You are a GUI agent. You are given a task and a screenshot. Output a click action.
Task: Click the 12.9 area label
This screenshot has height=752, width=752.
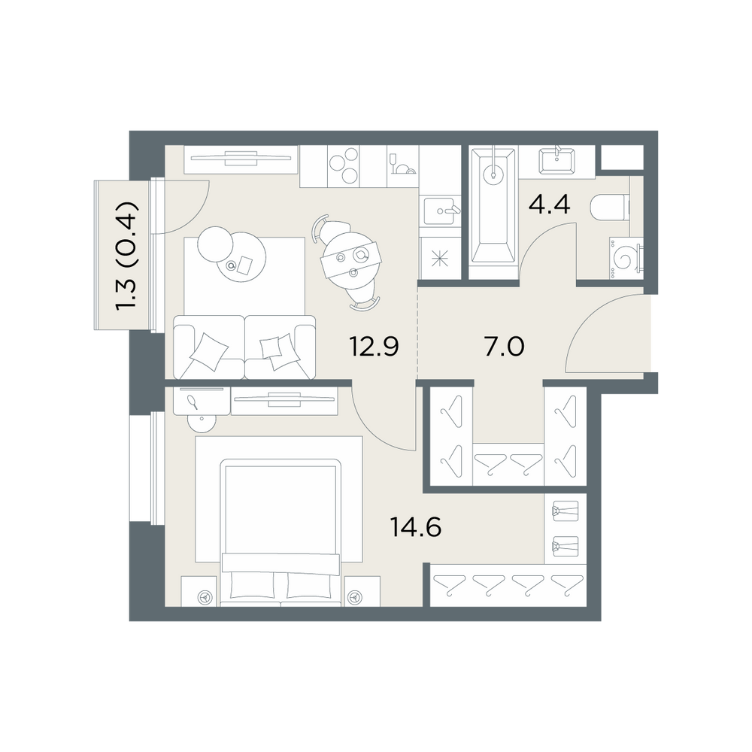(x=374, y=346)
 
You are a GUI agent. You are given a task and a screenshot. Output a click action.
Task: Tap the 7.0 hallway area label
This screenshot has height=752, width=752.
(x=505, y=346)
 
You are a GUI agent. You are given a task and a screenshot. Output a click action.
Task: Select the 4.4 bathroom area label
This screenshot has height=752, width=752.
(x=549, y=205)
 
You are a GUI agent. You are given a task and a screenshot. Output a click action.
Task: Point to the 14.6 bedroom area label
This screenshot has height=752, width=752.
(x=416, y=528)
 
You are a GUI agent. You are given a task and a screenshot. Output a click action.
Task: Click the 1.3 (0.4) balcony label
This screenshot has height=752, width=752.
(x=128, y=256)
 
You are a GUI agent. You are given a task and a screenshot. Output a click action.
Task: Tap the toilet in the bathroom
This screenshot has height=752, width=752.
(x=610, y=208)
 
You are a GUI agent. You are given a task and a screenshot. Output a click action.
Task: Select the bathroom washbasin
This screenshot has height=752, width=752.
(x=556, y=161)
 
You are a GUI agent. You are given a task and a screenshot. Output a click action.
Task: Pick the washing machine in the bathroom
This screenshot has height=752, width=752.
(x=626, y=257)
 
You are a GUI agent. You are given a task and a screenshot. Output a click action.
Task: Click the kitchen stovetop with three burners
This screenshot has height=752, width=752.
(x=344, y=165)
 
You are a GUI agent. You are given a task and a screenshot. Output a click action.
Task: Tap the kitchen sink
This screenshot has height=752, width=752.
(x=440, y=211)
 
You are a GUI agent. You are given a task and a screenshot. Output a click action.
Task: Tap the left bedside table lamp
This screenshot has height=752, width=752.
(x=206, y=597)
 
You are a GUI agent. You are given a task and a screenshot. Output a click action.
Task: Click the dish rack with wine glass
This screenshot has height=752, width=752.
(x=402, y=165)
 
